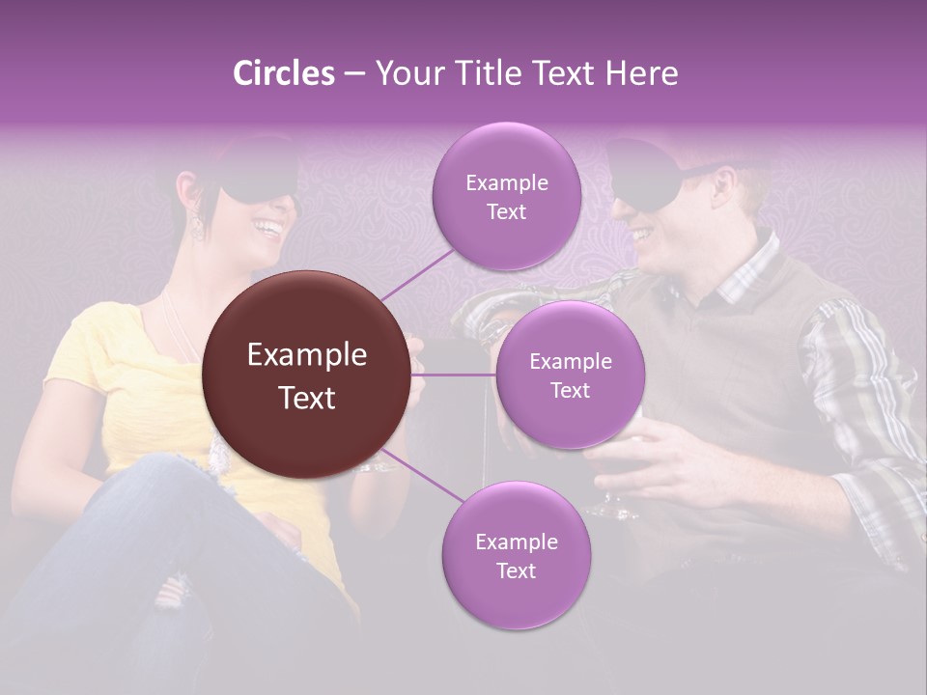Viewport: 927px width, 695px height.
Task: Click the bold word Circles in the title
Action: (x=283, y=73)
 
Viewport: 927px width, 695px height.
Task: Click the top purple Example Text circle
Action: (x=506, y=196)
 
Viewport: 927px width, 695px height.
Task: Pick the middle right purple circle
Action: (x=570, y=375)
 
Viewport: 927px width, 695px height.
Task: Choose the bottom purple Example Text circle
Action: (x=516, y=555)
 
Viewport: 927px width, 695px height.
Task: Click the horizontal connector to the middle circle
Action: (x=454, y=375)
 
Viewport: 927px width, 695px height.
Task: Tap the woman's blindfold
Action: (x=256, y=181)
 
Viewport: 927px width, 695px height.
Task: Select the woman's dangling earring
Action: (x=197, y=225)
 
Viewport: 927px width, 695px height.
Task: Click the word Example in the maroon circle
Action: (x=307, y=355)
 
